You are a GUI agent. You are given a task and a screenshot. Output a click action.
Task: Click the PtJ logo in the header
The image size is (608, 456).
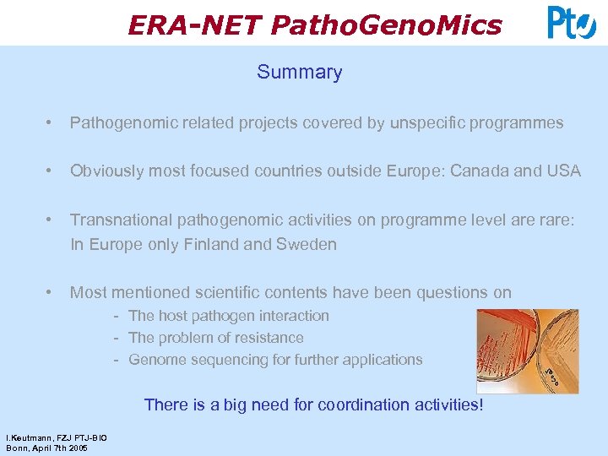pos(572,23)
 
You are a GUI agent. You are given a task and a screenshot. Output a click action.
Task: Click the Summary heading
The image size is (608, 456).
pos(300,72)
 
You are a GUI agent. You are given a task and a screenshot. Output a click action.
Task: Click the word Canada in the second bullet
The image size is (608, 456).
pos(480,171)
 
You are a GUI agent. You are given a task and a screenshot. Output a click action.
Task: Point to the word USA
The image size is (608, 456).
pos(564,171)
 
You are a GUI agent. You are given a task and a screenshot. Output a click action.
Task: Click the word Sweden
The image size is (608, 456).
pos(308,245)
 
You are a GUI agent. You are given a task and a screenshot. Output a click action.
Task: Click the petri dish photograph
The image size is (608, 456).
pos(527,350)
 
